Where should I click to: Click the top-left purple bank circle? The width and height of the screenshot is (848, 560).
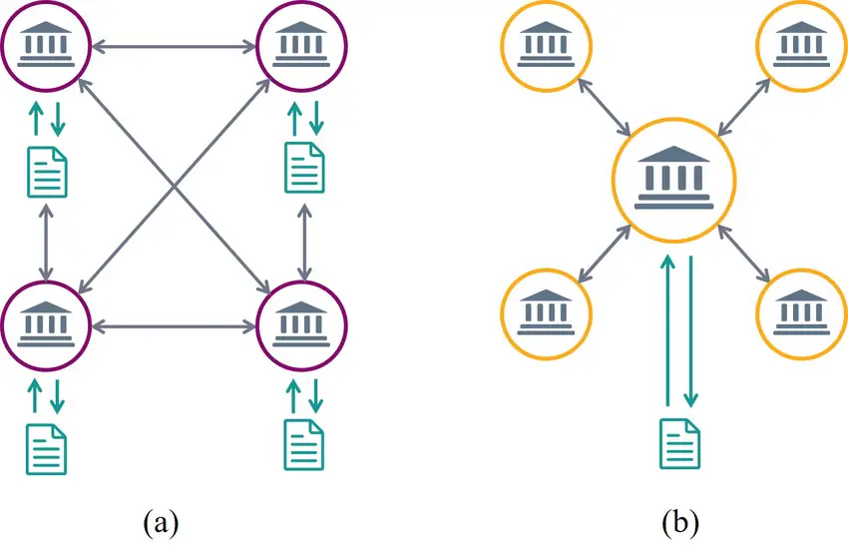pos(46,43)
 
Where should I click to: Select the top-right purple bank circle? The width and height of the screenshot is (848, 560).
pos(301,43)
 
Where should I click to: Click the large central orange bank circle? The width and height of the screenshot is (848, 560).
pos(674,179)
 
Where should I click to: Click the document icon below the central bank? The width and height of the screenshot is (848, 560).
pos(680,443)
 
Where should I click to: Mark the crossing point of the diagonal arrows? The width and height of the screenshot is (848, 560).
pos(175,185)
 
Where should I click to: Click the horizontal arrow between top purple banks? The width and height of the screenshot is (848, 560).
pos(174,44)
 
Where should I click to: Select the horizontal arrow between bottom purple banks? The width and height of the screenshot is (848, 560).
pos(174,324)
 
